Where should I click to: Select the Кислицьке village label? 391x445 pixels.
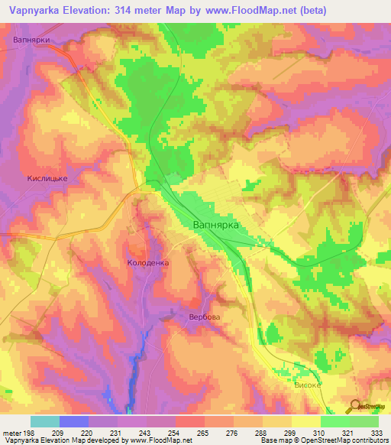tap(48, 178)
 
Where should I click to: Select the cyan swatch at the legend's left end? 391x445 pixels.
tap(45, 421)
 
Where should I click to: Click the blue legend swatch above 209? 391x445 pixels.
tap(74, 421)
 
